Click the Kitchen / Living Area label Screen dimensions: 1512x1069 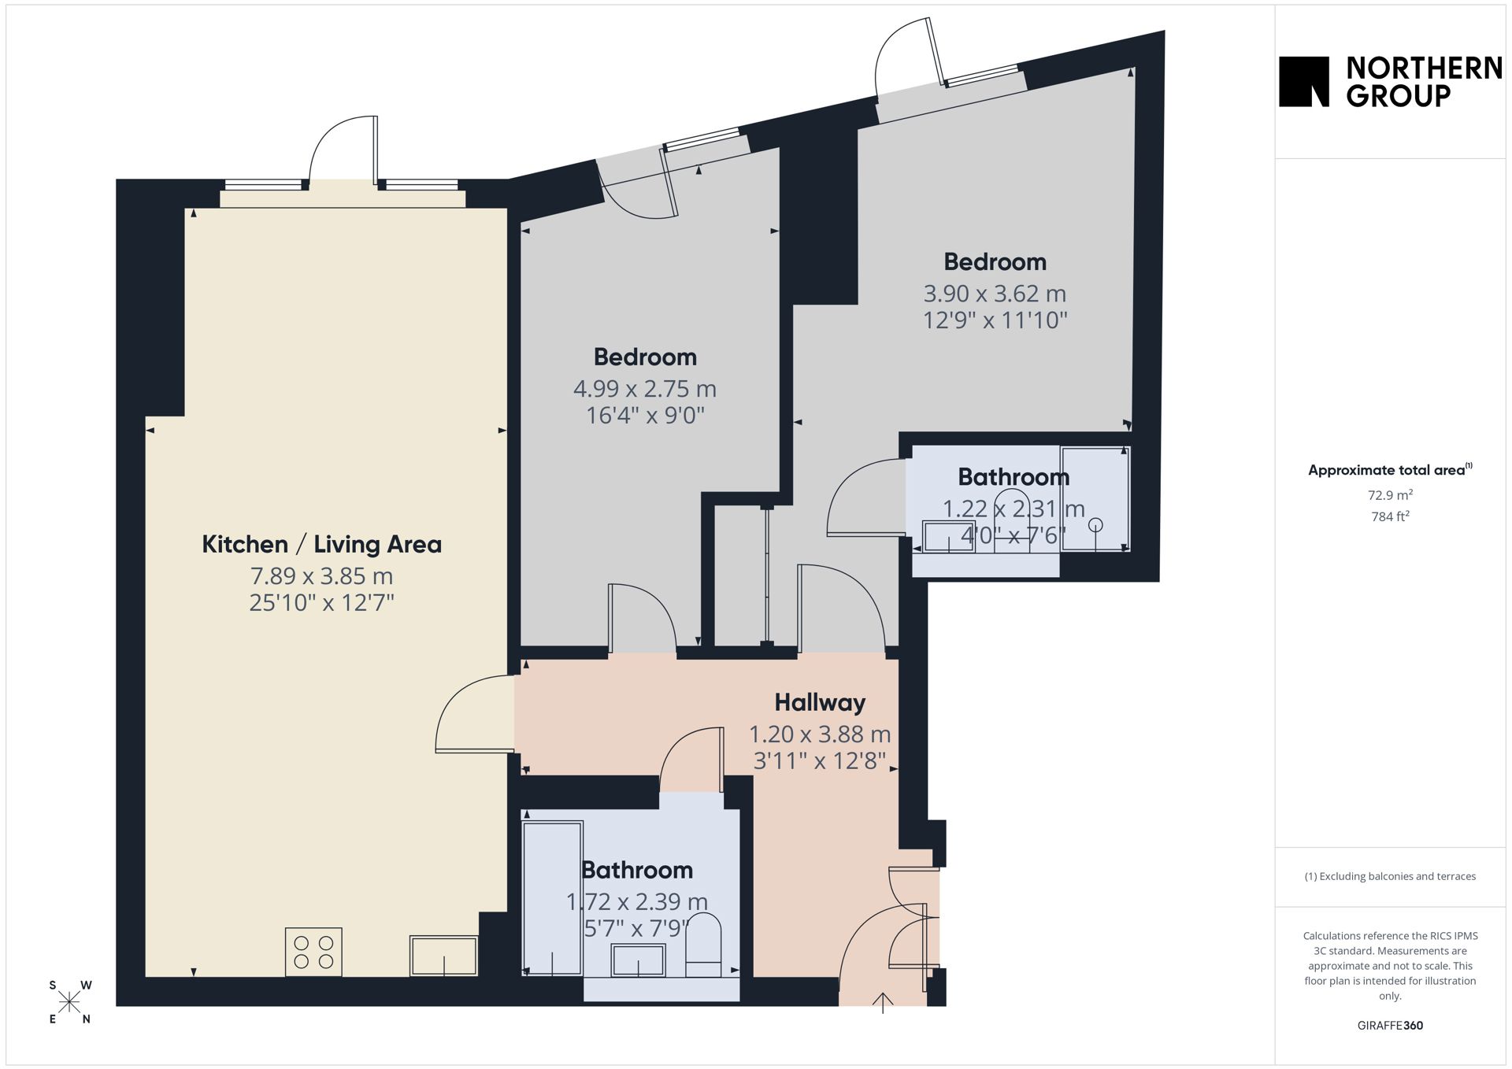[x=321, y=544]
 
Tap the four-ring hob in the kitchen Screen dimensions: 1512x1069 [x=313, y=952]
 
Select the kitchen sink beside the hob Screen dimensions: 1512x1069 [x=443, y=956]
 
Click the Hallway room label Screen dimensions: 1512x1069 [x=820, y=702]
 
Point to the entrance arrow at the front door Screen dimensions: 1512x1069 [x=884, y=1002]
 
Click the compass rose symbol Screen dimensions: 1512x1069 [x=69, y=1002]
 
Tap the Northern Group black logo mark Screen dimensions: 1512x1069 [x=1303, y=81]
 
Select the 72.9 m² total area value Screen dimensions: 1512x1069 [x=1390, y=495]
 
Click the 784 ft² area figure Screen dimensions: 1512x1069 [x=1390, y=516]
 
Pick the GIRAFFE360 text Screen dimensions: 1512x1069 [x=1390, y=1026]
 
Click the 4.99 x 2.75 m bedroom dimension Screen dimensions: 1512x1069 [x=645, y=389]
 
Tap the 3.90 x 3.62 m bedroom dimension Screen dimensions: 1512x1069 [x=995, y=294]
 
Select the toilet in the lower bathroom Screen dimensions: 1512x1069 [x=704, y=944]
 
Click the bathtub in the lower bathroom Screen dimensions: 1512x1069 [x=552, y=898]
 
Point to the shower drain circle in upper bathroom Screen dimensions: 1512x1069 [x=1095, y=525]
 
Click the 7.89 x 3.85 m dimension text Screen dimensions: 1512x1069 [x=321, y=576]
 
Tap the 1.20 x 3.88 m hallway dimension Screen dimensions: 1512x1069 [x=820, y=734]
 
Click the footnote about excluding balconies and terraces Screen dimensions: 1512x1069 [x=1390, y=876]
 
